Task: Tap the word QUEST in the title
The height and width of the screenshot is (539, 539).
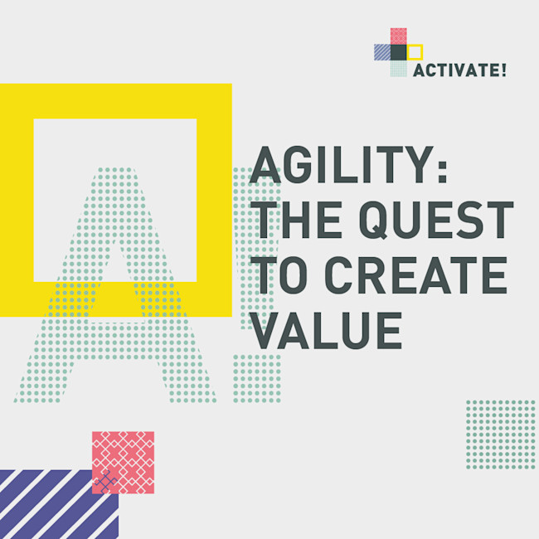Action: (x=436, y=221)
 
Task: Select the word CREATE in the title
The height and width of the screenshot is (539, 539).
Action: (x=416, y=275)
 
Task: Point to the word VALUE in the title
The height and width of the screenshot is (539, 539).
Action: (x=326, y=330)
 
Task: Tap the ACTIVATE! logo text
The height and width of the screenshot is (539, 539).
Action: (x=459, y=70)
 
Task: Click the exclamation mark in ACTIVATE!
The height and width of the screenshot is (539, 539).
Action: (x=503, y=70)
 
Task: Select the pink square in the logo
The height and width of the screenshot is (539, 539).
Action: (x=399, y=36)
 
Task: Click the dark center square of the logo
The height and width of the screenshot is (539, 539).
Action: (x=399, y=52)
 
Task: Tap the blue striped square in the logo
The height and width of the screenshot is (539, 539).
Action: (x=382, y=52)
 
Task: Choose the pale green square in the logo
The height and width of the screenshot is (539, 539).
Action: (x=399, y=68)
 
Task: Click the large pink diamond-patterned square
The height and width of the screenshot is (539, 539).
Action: (x=123, y=463)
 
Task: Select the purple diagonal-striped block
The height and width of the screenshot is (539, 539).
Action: (x=59, y=504)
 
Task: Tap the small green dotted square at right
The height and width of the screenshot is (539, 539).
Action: (x=501, y=435)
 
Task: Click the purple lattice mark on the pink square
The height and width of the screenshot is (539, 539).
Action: (x=105, y=482)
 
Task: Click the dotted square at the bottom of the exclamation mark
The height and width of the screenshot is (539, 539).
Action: (x=257, y=378)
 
